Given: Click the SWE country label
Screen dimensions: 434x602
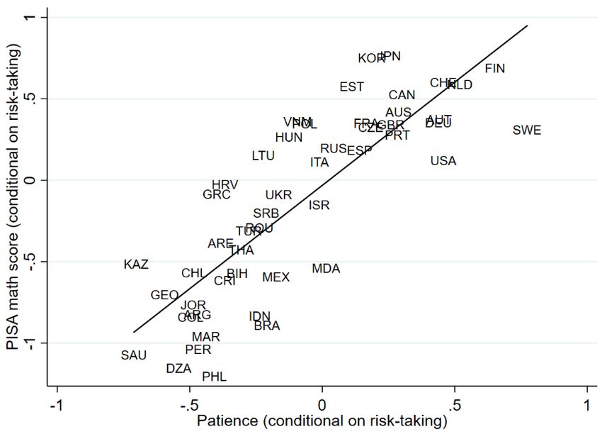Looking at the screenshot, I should click(x=527, y=130).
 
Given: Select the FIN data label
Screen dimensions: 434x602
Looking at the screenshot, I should click(x=495, y=69).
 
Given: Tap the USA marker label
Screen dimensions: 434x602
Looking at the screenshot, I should click(x=443, y=161).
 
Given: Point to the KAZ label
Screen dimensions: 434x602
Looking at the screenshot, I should click(x=136, y=265).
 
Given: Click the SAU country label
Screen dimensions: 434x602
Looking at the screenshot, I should click(x=134, y=355).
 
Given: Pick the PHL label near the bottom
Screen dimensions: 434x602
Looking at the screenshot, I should click(x=215, y=377).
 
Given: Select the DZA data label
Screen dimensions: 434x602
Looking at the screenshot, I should click(x=178, y=369).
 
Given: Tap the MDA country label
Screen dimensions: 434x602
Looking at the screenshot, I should click(x=326, y=269).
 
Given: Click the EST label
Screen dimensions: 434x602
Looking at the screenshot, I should click(x=352, y=87).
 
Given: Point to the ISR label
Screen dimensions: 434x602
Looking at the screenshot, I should click(x=319, y=206).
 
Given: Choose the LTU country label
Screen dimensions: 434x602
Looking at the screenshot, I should click(x=263, y=156).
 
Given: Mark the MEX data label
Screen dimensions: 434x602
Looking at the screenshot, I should click(x=276, y=277).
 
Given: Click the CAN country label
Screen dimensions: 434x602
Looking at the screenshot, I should click(x=402, y=95).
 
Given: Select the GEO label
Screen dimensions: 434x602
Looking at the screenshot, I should click(x=164, y=295).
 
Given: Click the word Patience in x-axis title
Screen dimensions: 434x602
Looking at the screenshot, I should click(x=227, y=422).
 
